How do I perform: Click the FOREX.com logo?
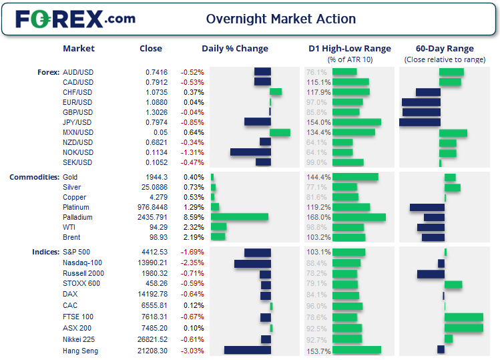click(75, 19)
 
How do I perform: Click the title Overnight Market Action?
click(280, 19)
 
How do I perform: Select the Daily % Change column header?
click(235, 49)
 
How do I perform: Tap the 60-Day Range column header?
click(445, 49)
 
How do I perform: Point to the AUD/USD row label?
click(77, 72)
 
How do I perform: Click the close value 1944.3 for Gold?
click(157, 177)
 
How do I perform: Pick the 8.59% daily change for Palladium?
click(192, 217)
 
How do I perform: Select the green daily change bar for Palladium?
click(240, 217)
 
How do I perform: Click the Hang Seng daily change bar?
click(248, 350)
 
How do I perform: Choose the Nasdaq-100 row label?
click(82, 263)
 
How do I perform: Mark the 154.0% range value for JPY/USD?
click(318, 122)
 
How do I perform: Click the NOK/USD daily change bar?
click(250, 152)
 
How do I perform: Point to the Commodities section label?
click(33, 177)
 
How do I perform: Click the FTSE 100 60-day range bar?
click(463, 317)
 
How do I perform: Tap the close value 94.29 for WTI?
click(157, 227)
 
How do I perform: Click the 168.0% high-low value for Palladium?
click(318, 217)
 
